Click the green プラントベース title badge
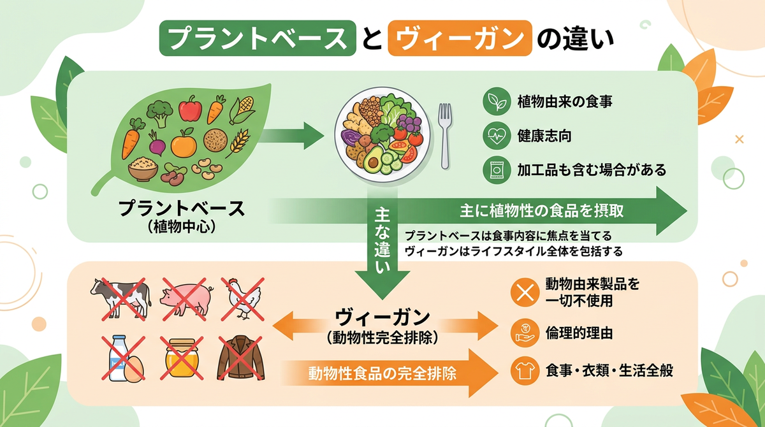[258, 38]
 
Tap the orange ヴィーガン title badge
[460, 38]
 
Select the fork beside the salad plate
[445, 136]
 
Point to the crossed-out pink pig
[186, 299]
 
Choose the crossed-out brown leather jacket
[241, 358]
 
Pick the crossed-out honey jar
[182, 358]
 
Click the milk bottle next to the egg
[118, 358]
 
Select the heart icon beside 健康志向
[497, 136]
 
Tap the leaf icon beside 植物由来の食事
[497, 101]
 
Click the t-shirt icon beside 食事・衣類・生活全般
[525, 371]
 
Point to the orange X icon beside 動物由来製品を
[525, 292]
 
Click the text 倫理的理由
[579, 333]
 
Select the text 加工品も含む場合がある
[592, 170]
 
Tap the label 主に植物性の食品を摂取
[542, 211]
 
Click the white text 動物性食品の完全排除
[382, 373]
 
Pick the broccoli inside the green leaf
[159, 113]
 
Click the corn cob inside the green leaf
[242, 110]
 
